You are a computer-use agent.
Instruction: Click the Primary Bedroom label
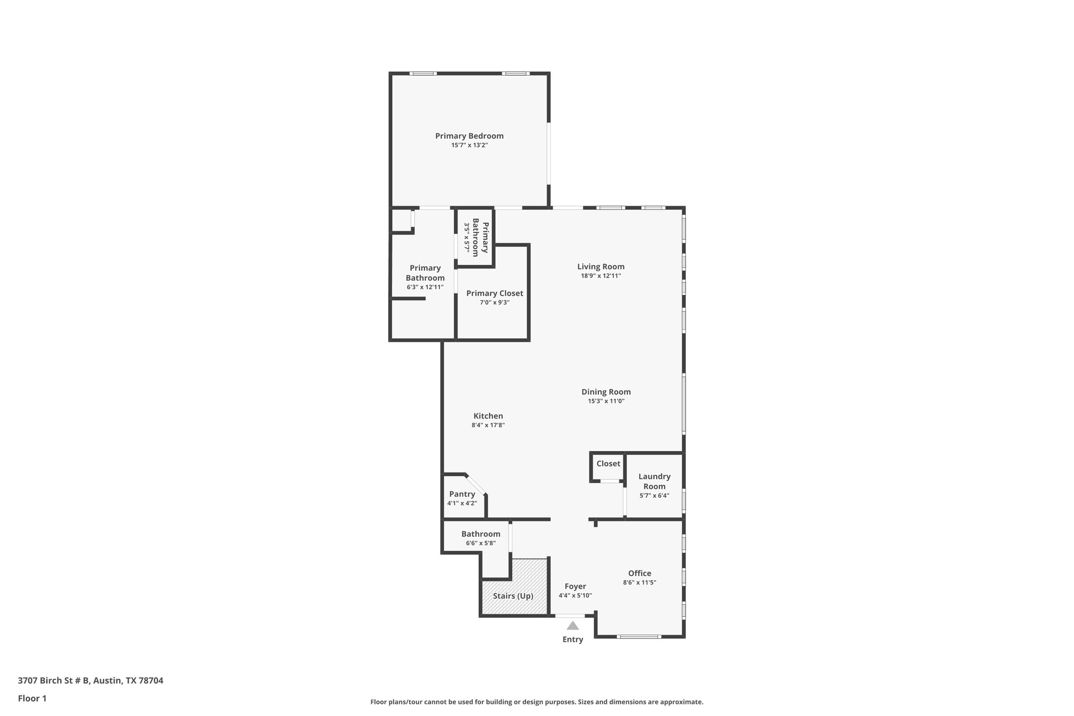pos(469,136)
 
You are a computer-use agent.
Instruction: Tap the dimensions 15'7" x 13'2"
pos(469,145)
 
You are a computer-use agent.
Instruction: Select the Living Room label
pos(600,266)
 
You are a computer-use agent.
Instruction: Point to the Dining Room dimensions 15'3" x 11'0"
pos(606,401)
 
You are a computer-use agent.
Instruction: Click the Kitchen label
pos(488,416)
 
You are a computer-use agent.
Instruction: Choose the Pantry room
pos(462,498)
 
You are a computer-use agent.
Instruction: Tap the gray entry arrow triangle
pos(572,625)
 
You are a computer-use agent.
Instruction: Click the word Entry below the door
pos(572,639)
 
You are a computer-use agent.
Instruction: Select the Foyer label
pos(575,586)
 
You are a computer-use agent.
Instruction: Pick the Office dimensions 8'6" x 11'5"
pos(639,582)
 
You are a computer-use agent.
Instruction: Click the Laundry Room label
pos(654,481)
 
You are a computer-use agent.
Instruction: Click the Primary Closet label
pos(494,293)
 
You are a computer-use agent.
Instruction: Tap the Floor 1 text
pos(32,699)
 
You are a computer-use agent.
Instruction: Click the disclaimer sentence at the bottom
pos(536,702)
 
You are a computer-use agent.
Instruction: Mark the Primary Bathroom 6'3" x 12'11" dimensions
pos(425,287)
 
